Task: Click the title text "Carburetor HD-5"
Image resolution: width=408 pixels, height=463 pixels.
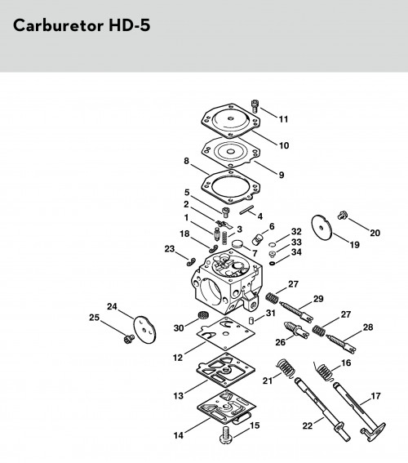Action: coord(82,25)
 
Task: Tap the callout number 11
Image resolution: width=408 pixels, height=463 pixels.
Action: coord(283,119)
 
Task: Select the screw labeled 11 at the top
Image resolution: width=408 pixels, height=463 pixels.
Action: coord(255,106)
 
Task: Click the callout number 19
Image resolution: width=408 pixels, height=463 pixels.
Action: coord(354,245)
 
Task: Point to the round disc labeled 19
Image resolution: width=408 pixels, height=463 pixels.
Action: coord(322,228)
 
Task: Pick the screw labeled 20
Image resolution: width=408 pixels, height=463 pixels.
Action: coord(342,215)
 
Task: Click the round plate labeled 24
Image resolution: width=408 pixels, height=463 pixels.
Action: coord(145,330)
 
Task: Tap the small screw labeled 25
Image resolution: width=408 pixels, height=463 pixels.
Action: coord(129,339)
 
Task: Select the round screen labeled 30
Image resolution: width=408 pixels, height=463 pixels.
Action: coord(202,314)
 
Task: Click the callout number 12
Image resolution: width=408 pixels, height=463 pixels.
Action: coord(178,358)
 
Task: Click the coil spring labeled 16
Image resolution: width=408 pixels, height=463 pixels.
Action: coord(325,372)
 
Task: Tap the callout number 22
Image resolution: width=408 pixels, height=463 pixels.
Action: coord(308,425)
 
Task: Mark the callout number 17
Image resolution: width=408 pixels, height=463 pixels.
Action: coord(375,396)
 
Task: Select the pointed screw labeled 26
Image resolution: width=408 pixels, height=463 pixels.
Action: coord(296,330)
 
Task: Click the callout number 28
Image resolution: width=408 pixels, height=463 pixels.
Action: coord(368,327)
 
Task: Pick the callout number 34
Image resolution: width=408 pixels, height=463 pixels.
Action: coord(296,252)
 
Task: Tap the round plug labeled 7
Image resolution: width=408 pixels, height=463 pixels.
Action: coord(237,244)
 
